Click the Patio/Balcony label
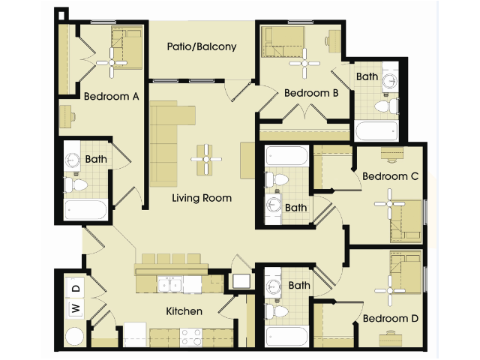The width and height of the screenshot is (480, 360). [201, 46]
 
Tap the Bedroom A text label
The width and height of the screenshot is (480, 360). [112, 96]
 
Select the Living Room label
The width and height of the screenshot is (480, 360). [202, 198]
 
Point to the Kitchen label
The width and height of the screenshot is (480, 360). [184, 310]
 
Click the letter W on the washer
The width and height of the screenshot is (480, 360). [75, 307]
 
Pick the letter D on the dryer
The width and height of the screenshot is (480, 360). [75, 287]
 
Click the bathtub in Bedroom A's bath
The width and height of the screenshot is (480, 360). [85, 208]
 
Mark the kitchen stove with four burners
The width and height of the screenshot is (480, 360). [191, 335]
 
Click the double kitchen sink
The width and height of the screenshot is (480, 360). [169, 284]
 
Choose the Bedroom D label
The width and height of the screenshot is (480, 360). [390, 318]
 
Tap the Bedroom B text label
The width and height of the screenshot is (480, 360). [311, 93]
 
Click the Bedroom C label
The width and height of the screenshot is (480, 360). [390, 176]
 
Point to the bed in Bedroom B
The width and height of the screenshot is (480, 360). [283, 42]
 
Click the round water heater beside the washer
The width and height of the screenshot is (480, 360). [75, 335]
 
